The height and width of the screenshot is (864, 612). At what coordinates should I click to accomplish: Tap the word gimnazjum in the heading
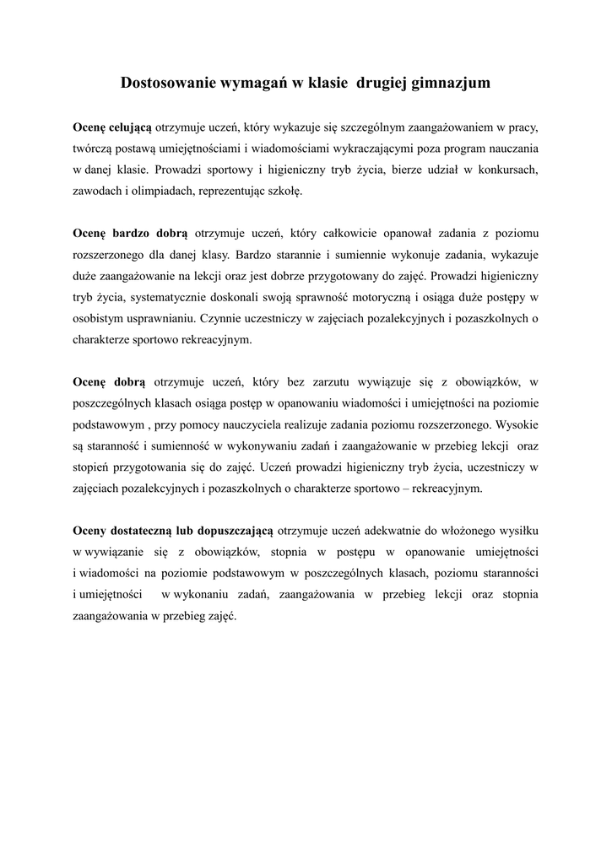point(449,84)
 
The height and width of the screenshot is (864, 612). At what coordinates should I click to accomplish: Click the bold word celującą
point(129,127)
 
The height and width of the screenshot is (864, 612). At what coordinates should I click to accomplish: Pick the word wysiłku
point(515,530)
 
